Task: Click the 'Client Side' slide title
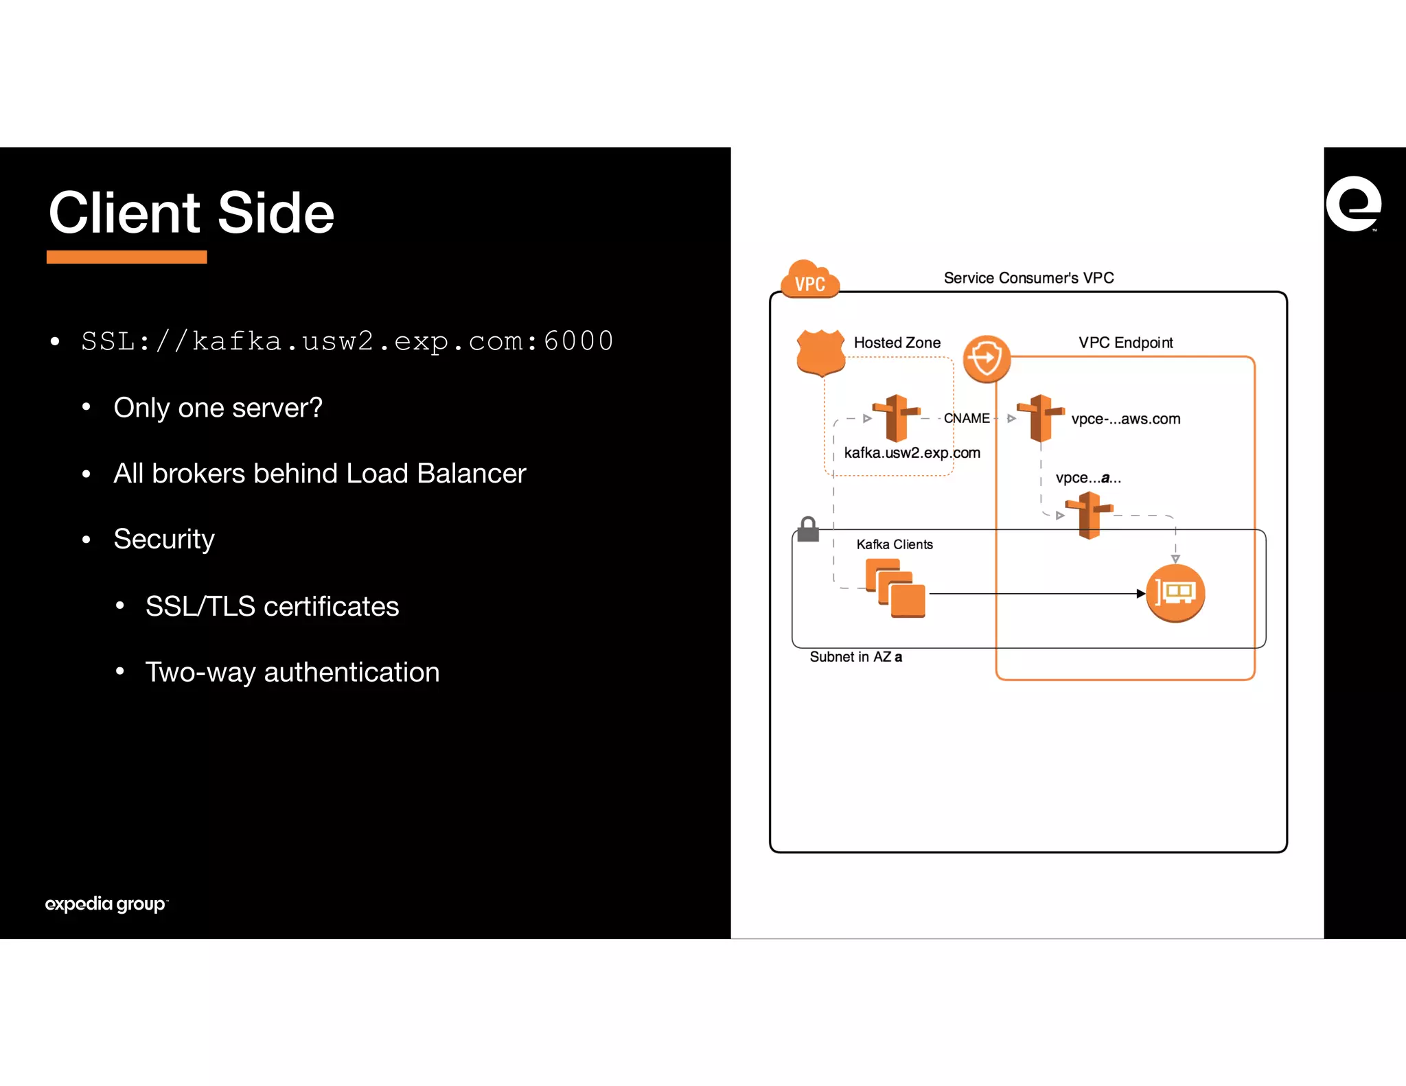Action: [x=191, y=213]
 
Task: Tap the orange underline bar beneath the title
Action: [x=126, y=257]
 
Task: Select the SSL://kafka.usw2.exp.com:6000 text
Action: [x=347, y=341]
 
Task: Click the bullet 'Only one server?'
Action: [x=218, y=408]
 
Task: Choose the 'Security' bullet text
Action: [x=164, y=539]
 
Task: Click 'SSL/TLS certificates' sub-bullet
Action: [x=272, y=606]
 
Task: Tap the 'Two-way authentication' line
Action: [x=292, y=672]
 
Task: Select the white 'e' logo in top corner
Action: [x=1353, y=204]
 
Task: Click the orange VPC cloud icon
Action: [x=810, y=279]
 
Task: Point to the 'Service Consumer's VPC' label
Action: [x=1028, y=278]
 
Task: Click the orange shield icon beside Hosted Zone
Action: [x=820, y=352]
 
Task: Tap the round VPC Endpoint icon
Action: [x=987, y=358]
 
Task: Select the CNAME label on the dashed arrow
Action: [x=966, y=418]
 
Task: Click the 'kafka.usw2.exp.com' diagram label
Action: [x=912, y=453]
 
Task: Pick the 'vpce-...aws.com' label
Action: [x=1125, y=419]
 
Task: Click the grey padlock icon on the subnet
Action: [x=808, y=529]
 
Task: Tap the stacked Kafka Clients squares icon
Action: [x=895, y=588]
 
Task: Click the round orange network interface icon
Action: [x=1175, y=593]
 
